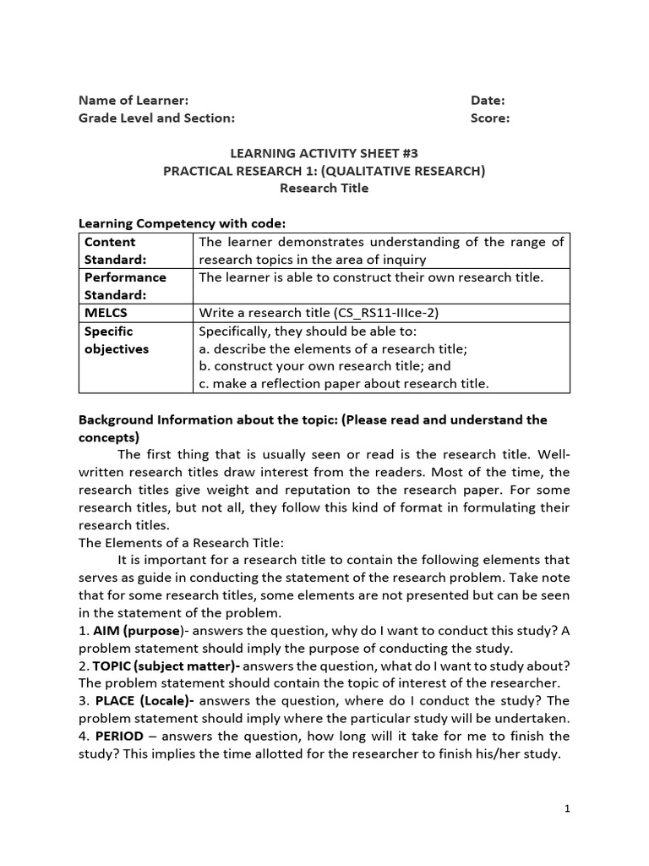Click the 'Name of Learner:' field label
(x=134, y=100)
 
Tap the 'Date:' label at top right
(x=488, y=100)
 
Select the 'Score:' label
(x=490, y=118)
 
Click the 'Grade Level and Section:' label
(x=156, y=118)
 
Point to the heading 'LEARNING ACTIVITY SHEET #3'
(x=324, y=153)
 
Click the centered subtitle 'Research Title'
(x=324, y=189)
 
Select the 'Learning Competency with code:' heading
(x=182, y=223)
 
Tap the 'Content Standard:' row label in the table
(x=116, y=250)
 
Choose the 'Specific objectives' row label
(x=117, y=340)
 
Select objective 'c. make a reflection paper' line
(x=343, y=384)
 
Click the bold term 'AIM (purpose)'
(x=137, y=631)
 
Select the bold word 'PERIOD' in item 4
(x=119, y=736)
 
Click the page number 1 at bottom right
(x=568, y=808)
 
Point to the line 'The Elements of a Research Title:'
(x=182, y=542)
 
